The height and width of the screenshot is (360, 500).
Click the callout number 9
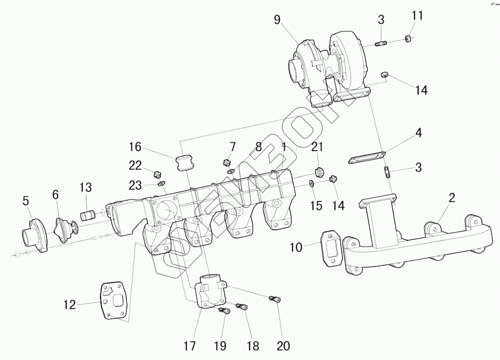point(277,20)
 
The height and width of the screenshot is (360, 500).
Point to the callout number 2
point(451,198)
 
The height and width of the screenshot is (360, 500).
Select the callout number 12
point(70,305)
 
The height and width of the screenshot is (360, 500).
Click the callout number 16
point(135,146)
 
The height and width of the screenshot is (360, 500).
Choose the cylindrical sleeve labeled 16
point(184,161)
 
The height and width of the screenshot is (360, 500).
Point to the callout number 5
point(26,201)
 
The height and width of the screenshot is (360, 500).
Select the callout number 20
point(283,346)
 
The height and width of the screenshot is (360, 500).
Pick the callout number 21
point(318,147)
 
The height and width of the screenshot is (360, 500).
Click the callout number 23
point(135,185)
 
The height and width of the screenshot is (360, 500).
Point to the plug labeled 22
point(157,174)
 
